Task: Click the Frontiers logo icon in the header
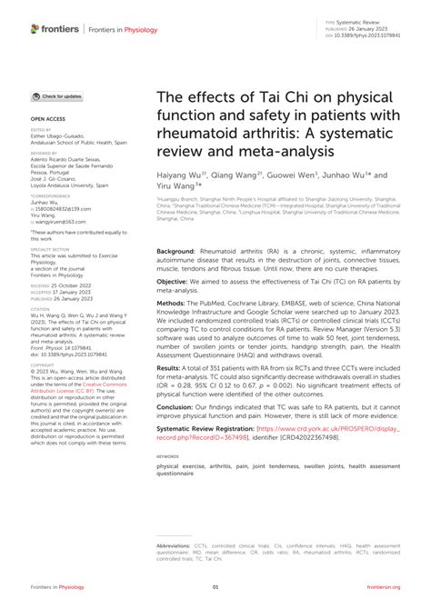[35, 29]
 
